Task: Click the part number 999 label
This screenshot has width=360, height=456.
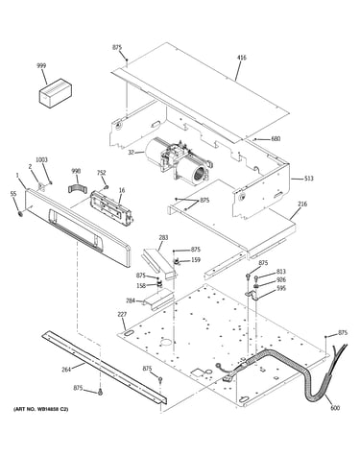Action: [x=41, y=66]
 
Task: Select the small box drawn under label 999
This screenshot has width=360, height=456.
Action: [x=56, y=93]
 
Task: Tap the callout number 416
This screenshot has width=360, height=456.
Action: [x=242, y=58]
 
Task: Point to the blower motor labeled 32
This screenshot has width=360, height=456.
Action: [x=178, y=162]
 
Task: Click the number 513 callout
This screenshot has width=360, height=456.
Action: [x=309, y=179]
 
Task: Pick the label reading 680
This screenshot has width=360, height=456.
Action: [x=276, y=139]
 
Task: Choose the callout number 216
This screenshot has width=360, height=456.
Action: [x=302, y=204]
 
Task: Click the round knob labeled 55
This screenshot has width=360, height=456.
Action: [x=21, y=213]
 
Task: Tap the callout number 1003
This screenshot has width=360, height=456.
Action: [x=41, y=159]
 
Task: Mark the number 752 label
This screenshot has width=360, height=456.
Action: [x=101, y=173]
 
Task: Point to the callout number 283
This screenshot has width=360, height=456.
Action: [x=163, y=238]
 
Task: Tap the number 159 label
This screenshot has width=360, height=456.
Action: [x=196, y=260]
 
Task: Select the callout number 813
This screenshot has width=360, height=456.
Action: [x=281, y=272]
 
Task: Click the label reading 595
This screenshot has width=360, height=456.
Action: [x=281, y=289]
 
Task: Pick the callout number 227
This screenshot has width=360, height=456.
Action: [x=122, y=315]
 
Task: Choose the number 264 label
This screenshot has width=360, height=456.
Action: [x=66, y=370]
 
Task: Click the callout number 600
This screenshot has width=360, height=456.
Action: [x=335, y=408]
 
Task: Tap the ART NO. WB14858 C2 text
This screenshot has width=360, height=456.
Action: [x=40, y=409]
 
